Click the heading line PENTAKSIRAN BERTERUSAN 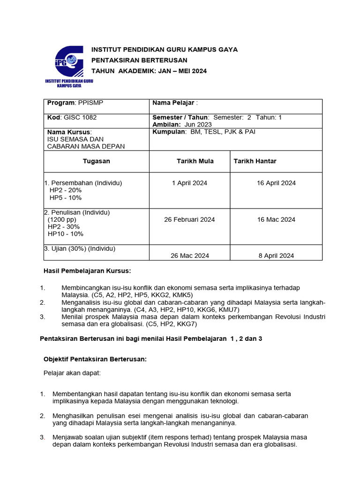tap(139, 60)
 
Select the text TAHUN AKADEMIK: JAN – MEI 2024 tap(149, 71)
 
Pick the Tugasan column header tap(96, 161)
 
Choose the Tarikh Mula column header tap(195, 161)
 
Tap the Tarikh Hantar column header tap(255, 161)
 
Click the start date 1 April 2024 tap(189, 183)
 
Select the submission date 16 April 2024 tap(276, 183)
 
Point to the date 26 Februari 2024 tap(189, 219)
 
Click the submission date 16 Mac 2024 tap(276, 219)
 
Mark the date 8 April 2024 tap(276, 255)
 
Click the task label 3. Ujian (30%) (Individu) tap(80, 248)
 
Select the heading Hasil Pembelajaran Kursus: tap(87, 271)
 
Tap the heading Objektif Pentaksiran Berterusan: tap(95, 359)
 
